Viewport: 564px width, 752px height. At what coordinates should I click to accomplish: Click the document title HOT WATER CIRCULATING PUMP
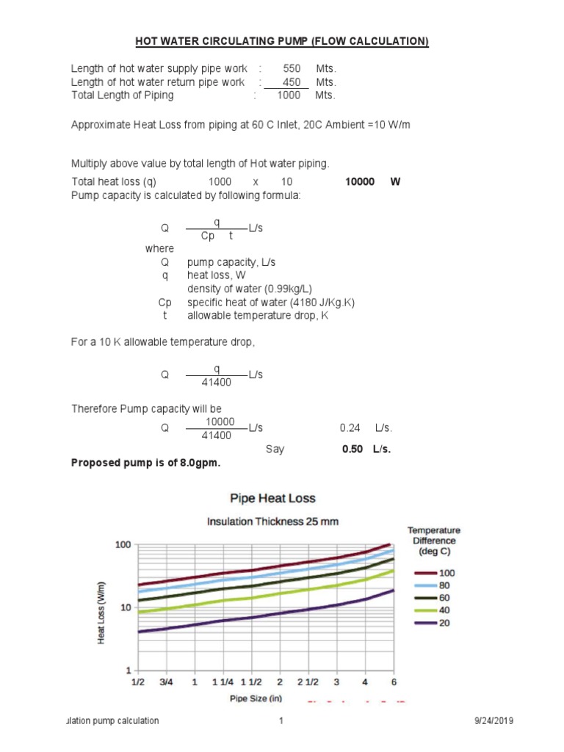click(x=282, y=42)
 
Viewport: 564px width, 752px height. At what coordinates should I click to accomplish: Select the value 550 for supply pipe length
click(x=292, y=68)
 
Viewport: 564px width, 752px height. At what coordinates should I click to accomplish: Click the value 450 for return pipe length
click(x=292, y=82)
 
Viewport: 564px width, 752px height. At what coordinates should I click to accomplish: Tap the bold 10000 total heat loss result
click(x=360, y=181)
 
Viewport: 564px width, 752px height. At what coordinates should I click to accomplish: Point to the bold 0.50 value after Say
click(x=352, y=449)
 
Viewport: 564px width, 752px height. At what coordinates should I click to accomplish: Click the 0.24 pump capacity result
click(x=350, y=427)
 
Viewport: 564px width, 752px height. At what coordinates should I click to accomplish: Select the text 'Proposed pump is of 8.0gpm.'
click(x=145, y=463)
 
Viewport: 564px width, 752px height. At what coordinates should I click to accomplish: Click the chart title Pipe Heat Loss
click(x=272, y=499)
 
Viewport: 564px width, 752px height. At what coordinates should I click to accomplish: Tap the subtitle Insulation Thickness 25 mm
click(x=272, y=521)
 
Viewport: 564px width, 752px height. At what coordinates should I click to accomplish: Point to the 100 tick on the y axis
click(x=122, y=545)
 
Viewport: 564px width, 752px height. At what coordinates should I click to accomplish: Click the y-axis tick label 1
click(x=128, y=670)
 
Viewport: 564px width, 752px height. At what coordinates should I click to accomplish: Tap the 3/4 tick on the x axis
click(x=166, y=682)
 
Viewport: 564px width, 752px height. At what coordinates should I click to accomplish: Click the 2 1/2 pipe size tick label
click(x=308, y=682)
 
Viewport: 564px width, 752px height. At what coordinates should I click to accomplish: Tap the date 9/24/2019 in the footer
click(x=494, y=721)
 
